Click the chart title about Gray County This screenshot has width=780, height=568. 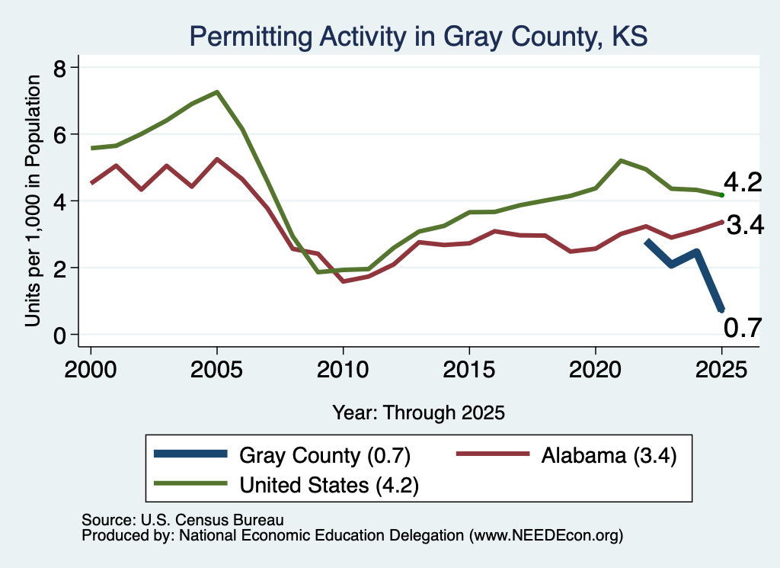[x=418, y=37]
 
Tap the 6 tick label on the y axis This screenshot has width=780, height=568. [x=59, y=135]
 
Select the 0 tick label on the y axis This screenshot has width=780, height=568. [x=59, y=336]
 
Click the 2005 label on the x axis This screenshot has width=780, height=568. [x=216, y=370]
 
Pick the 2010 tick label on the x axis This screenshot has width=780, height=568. [x=343, y=370]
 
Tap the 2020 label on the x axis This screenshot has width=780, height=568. [x=596, y=370]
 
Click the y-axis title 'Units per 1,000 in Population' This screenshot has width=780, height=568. [x=33, y=201]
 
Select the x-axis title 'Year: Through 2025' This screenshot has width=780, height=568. [x=418, y=412]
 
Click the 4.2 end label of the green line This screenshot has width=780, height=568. [x=743, y=182]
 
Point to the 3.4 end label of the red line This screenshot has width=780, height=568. [x=745, y=225]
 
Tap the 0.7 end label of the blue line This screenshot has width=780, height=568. [x=743, y=328]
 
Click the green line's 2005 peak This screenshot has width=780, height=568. [x=217, y=92]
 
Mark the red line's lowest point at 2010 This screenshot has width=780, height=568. [x=344, y=282]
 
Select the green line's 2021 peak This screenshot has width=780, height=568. [x=621, y=161]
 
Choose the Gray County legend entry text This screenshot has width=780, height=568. [x=324, y=455]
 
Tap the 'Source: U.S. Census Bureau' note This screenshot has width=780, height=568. [x=183, y=520]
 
